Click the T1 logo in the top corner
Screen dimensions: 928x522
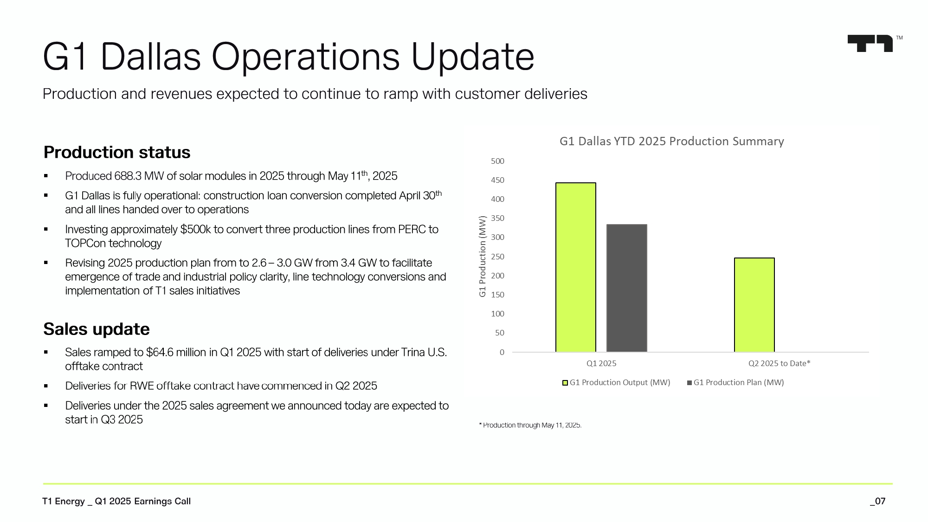870,44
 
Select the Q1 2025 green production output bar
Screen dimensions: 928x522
576,267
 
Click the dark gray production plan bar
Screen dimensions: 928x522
627,288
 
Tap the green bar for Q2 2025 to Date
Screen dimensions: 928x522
754,305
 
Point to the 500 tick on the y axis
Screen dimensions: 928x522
497,161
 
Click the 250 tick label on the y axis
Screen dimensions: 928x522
497,257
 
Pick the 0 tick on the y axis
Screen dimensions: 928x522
502,352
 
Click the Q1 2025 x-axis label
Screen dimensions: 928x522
601,363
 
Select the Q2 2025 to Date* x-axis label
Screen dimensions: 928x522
779,363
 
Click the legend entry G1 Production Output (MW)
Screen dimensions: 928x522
616,382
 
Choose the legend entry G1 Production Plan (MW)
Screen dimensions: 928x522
735,382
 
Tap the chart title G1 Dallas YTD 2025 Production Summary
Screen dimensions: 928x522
671,141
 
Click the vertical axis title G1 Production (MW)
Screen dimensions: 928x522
483,257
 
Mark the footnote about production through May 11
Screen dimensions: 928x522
530,425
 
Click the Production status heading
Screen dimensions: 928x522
117,152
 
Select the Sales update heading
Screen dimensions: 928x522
97,329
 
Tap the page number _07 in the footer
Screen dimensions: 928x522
877,501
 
